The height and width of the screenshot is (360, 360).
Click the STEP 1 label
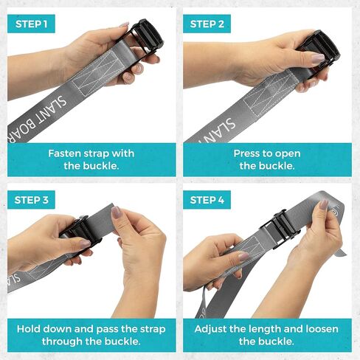pyautogui.click(x=31, y=24)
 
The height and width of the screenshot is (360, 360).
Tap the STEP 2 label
pyautogui.click(x=207, y=24)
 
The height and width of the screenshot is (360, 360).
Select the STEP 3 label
pyautogui.click(x=31, y=200)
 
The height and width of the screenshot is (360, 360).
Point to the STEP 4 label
pyautogui.click(x=207, y=200)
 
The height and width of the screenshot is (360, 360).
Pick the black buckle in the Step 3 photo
pyautogui.click(x=80, y=231)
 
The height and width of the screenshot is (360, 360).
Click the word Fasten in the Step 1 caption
pyautogui.click(x=64, y=153)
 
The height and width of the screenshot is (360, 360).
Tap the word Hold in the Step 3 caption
pyautogui.click(x=27, y=329)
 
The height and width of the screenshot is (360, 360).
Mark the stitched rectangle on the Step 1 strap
pyautogui.click(x=96, y=73)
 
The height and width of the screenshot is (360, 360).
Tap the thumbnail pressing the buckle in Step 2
pyautogui.click(x=318, y=58)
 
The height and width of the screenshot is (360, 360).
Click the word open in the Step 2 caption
pyautogui.click(x=288, y=154)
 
